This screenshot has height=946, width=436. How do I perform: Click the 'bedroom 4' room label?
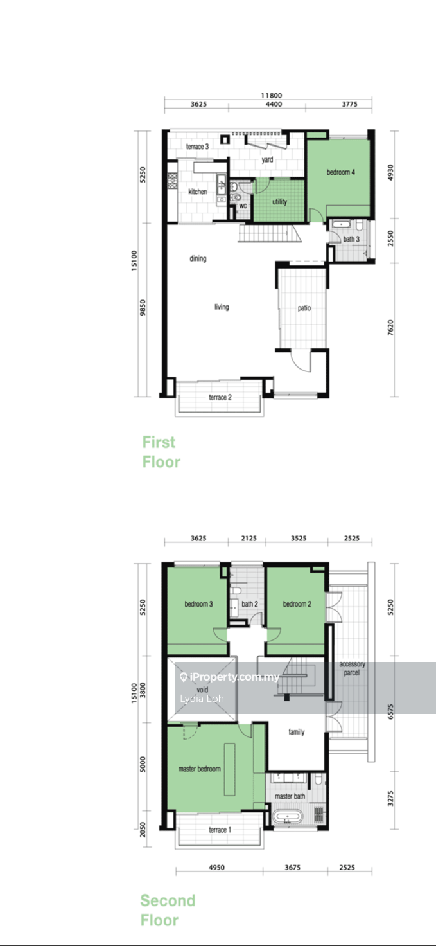(340, 172)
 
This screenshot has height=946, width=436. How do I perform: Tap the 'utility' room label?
(279, 202)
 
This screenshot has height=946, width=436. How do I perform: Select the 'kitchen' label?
(198, 192)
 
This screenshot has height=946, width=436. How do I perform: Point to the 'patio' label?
(304, 308)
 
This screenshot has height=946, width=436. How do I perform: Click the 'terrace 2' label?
(220, 397)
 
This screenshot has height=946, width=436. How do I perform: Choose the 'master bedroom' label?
(199, 769)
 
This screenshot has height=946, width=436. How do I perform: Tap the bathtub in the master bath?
(287, 816)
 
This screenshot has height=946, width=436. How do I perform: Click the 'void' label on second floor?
(202, 690)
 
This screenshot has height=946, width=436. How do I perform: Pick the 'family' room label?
(296, 732)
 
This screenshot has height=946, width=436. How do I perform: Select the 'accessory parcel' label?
(352, 668)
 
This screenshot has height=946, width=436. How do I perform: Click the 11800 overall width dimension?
(271, 96)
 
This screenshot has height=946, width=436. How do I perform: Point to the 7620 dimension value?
(390, 328)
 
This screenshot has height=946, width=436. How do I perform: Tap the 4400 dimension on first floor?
(274, 104)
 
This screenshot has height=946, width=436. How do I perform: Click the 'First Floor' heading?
(161, 452)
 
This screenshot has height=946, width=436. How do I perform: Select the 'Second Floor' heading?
(168, 910)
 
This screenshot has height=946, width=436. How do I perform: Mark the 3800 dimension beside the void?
(143, 690)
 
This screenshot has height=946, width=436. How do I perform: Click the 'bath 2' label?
(249, 604)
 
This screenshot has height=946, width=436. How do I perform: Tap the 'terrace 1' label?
(220, 830)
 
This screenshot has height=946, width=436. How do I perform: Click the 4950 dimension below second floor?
(216, 868)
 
